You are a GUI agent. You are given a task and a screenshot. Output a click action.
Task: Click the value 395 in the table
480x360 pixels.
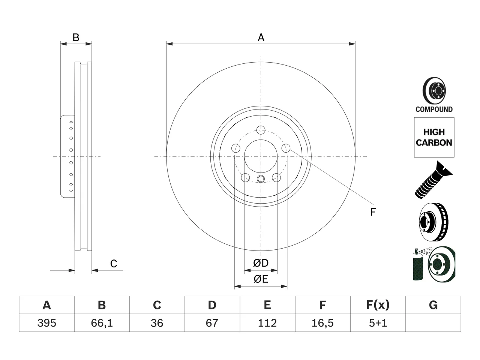click(46, 323)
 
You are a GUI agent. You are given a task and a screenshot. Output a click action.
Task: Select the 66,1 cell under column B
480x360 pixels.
click(102, 323)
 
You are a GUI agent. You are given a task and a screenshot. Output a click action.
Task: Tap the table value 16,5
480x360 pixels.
click(322, 323)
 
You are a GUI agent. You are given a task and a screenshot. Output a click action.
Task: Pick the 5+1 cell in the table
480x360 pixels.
click(378, 323)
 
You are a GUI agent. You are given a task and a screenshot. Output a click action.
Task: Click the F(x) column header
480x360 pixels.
click(378, 305)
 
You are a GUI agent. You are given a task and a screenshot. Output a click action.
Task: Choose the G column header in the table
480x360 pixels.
click(433, 305)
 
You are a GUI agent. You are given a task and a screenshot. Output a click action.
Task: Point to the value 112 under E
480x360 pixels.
click(267, 323)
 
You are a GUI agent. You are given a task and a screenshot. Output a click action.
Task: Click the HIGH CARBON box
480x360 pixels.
click(434, 137)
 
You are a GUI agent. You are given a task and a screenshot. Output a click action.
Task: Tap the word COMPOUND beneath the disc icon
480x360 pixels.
click(434, 109)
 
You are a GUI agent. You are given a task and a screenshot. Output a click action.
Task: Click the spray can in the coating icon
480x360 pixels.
click(418, 265)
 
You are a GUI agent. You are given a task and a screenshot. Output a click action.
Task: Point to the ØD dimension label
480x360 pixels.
click(261, 263)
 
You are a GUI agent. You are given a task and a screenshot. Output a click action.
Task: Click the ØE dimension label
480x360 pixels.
click(261, 279)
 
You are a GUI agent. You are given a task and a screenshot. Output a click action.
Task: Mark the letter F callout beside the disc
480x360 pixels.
click(373, 212)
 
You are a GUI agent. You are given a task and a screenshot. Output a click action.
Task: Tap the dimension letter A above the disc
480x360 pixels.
click(261, 37)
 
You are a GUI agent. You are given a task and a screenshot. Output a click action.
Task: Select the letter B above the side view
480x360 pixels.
click(76, 37)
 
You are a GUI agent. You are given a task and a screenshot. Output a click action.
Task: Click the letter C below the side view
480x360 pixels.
click(114, 264)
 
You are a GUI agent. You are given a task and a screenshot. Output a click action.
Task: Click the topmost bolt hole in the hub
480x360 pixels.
click(261, 130)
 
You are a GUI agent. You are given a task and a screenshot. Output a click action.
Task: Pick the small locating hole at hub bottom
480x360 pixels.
click(261, 179)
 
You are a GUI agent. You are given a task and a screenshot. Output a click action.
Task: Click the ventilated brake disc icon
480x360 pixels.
click(433, 222)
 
